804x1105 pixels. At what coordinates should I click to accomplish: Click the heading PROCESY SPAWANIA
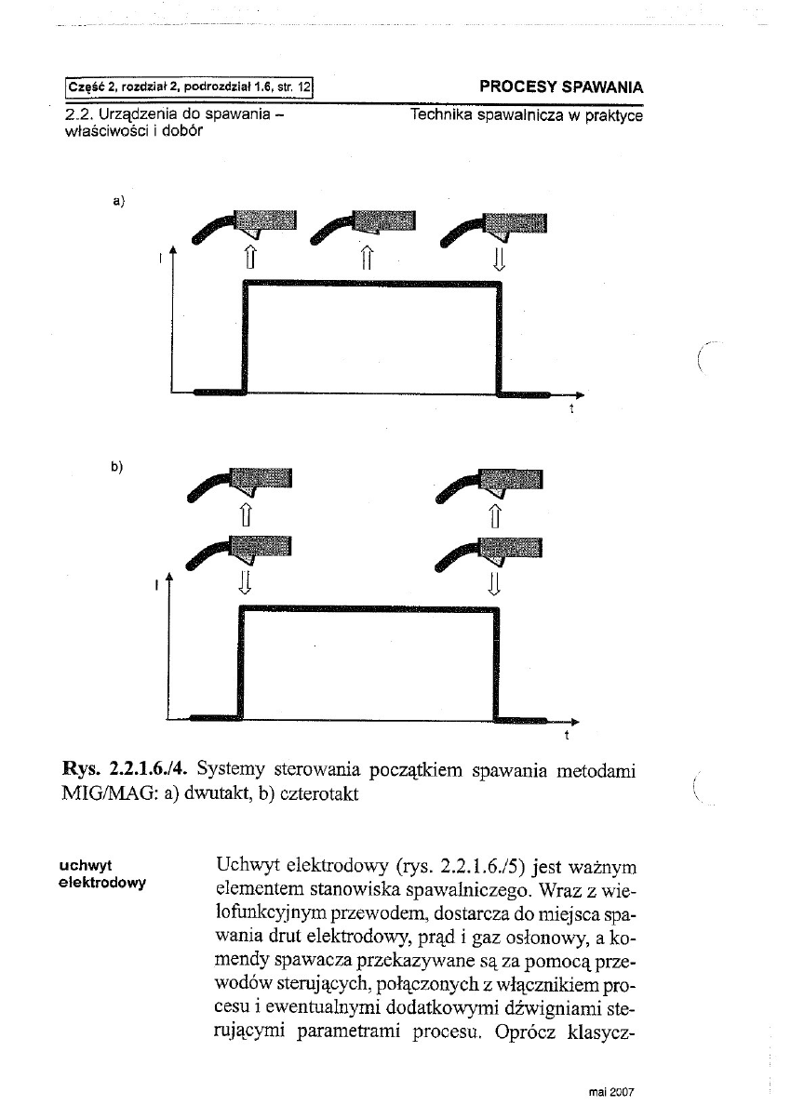(x=561, y=87)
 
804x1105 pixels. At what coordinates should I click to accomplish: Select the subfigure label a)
(x=118, y=199)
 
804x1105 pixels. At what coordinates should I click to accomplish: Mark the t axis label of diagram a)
(x=570, y=408)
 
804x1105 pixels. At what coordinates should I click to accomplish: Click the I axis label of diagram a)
(x=161, y=260)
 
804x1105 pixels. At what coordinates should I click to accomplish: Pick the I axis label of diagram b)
(x=159, y=586)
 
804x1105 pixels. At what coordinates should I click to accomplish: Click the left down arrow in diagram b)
(x=245, y=582)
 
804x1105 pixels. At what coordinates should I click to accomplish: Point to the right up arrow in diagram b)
(x=495, y=513)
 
